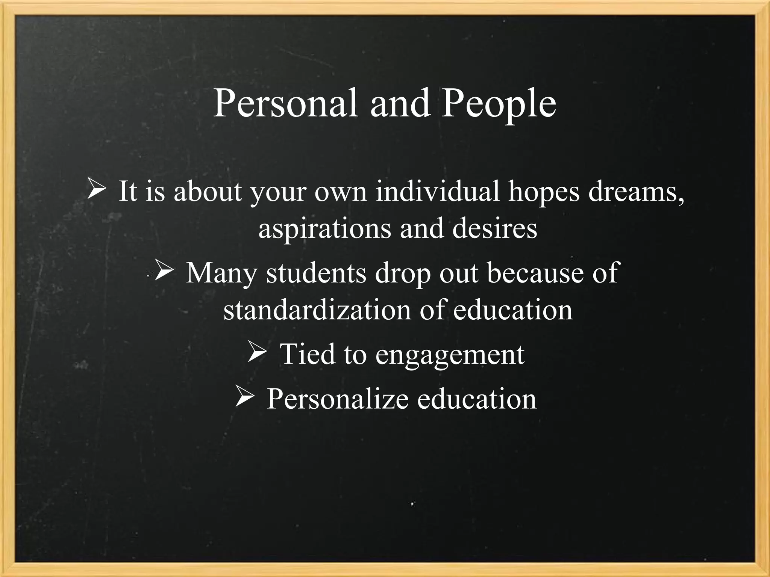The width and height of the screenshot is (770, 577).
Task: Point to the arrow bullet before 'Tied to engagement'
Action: click(257, 353)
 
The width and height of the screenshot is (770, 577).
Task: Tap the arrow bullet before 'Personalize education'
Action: click(245, 397)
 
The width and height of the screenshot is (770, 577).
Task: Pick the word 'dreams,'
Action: click(636, 192)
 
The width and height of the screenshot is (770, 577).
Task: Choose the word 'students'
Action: click(316, 273)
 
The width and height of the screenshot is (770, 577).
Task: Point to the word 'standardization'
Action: click(317, 310)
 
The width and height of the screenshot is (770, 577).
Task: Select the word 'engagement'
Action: click(450, 355)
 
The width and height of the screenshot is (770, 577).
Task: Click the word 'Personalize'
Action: click(337, 399)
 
